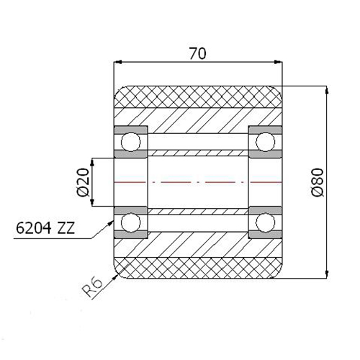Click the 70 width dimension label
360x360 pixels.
[197, 53]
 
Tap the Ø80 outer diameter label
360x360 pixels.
[318, 182]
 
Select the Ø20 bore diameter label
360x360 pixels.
[83, 182]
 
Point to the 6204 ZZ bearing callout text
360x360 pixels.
[45, 228]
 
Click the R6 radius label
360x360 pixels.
[92, 287]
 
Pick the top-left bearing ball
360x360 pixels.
[130, 142]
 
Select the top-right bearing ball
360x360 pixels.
[265, 142]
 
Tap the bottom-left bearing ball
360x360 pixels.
[130, 222]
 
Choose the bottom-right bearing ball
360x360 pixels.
[265, 222]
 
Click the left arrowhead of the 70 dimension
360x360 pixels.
[118, 62]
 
